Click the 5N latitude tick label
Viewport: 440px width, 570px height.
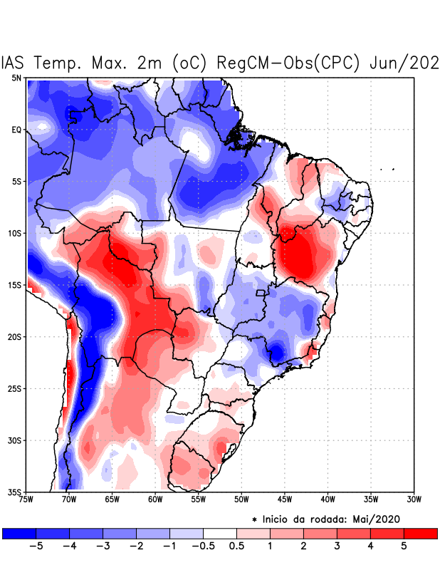click(x=16, y=78)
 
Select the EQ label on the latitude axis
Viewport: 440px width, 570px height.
click(x=16, y=130)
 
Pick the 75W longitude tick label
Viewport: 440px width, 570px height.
click(x=26, y=499)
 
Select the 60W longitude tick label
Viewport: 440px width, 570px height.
click(x=155, y=499)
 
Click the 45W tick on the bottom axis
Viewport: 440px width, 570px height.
click(x=285, y=499)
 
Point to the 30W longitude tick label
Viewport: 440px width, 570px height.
click(x=414, y=499)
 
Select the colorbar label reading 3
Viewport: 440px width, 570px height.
click(x=337, y=546)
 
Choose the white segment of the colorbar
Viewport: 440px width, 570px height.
click(x=220, y=533)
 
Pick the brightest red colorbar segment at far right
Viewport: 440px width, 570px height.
click(x=420, y=533)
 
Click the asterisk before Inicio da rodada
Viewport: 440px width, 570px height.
click(x=254, y=519)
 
